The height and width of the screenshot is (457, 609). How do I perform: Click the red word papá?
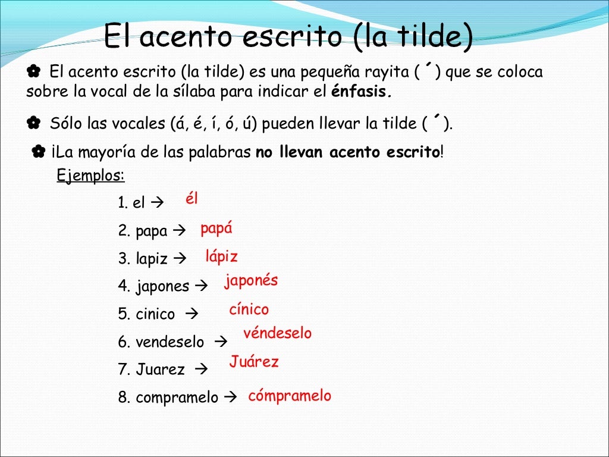click(x=216, y=229)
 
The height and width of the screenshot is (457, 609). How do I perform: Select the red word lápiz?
click(x=221, y=257)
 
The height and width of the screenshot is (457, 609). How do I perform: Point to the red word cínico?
click(x=249, y=309)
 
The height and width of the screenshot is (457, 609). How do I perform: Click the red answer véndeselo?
click(x=277, y=334)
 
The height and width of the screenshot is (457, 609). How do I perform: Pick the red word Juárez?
click(x=254, y=362)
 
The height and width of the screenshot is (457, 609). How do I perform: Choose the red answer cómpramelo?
click(x=290, y=396)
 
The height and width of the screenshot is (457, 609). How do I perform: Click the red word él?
click(x=192, y=199)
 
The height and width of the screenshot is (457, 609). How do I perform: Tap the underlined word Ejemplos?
click(x=90, y=176)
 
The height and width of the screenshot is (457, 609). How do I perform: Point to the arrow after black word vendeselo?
click(x=220, y=342)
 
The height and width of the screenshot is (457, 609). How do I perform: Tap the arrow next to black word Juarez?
click(x=200, y=370)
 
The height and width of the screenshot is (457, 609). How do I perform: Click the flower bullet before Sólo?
click(x=33, y=124)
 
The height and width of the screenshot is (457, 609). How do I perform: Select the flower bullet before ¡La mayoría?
click(x=39, y=152)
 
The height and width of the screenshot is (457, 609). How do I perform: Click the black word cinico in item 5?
click(x=155, y=314)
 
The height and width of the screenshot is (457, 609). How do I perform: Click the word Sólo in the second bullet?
click(x=67, y=124)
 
